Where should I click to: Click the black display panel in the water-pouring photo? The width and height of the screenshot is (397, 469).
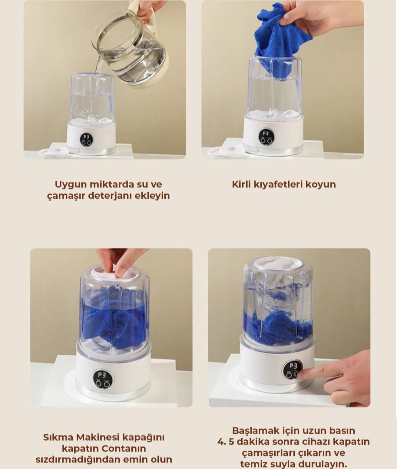pyautogui.click(x=86, y=139)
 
